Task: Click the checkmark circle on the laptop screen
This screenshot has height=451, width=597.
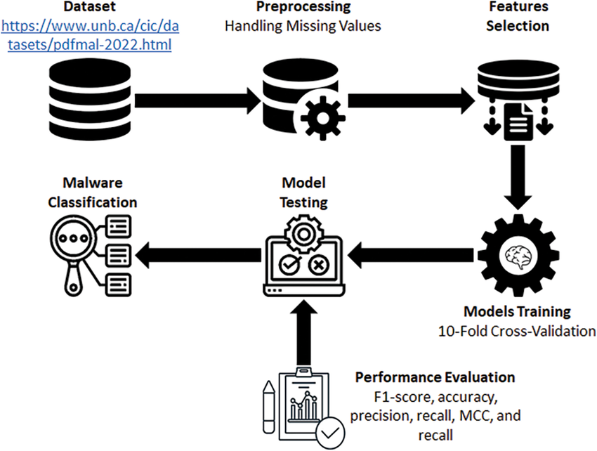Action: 289,265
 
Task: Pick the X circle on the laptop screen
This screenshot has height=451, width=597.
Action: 318,265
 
